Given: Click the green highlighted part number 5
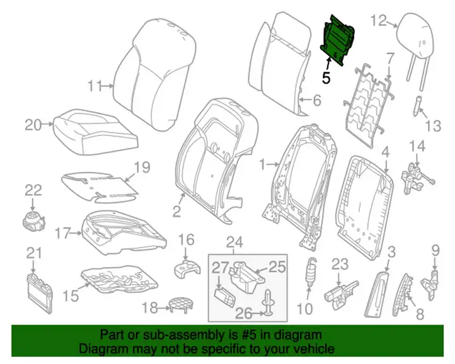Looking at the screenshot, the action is pos(338,40).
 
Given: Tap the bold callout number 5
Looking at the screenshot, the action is pos(326,78).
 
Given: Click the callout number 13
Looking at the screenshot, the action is pos(433,126).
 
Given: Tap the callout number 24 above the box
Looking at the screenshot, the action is pos(234,243).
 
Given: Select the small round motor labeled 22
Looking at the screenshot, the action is pos(33,220).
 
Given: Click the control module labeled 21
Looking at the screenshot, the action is pos(40,293).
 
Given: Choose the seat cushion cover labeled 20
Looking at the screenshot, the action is pos(95,132).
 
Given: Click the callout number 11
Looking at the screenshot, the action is pos(95,86).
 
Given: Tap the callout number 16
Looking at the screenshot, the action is pos(186,240).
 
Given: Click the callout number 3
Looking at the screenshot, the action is pos(391,252).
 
